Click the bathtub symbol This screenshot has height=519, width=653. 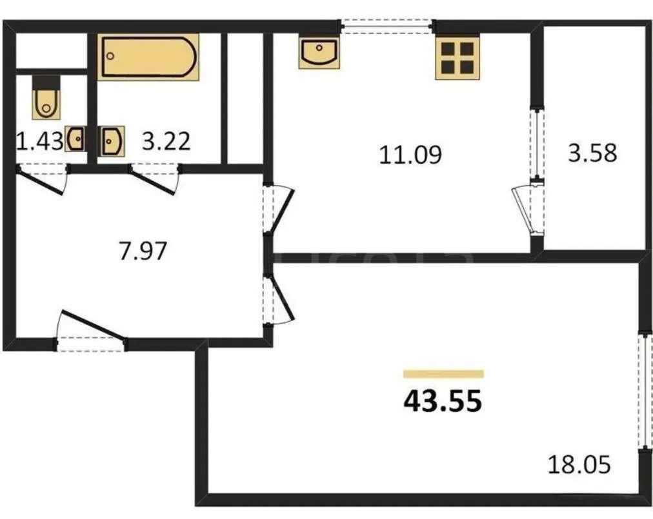pos(148,57)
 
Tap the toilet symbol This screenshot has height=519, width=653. pos(46,98)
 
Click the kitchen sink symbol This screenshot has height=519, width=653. pos(319,52)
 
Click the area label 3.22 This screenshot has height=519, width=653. pos(166,141)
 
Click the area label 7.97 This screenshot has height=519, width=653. pos(143,251)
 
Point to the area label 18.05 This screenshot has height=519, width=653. pos(579,464)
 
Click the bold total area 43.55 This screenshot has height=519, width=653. pos(443,401)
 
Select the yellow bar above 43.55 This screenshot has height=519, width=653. pos(443,374)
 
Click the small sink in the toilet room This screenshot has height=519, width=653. pos(75,139)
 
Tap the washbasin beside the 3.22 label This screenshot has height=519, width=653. pos(111,141)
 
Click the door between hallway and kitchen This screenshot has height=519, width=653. pos(277,208)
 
